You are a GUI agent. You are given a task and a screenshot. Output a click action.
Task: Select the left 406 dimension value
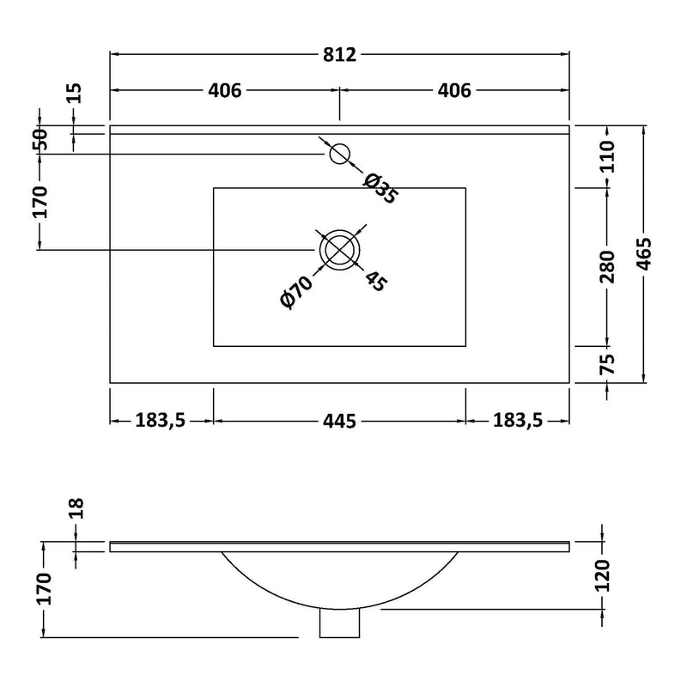[x=225, y=89]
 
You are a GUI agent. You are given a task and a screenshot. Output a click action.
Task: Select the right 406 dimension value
[x=454, y=89]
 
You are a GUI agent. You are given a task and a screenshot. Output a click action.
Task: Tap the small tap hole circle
[x=340, y=153]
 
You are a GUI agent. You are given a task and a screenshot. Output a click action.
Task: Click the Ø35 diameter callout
[x=380, y=188]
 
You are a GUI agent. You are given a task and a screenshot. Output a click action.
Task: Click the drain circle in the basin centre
[x=340, y=250]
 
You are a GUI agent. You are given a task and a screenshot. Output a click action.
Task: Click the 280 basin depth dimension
[x=607, y=266]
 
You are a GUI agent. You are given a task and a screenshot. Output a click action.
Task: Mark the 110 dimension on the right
[x=607, y=157]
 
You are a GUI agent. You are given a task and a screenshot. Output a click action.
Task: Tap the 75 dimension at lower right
[x=607, y=364]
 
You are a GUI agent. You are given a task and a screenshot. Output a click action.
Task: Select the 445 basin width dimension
[x=339, y=420]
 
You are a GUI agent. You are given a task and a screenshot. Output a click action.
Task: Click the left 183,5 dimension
[x=161, y=420]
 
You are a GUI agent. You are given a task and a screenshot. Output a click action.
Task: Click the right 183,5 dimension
[x=518, y=420]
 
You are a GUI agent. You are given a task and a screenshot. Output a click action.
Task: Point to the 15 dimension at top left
[x=74, y=94]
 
